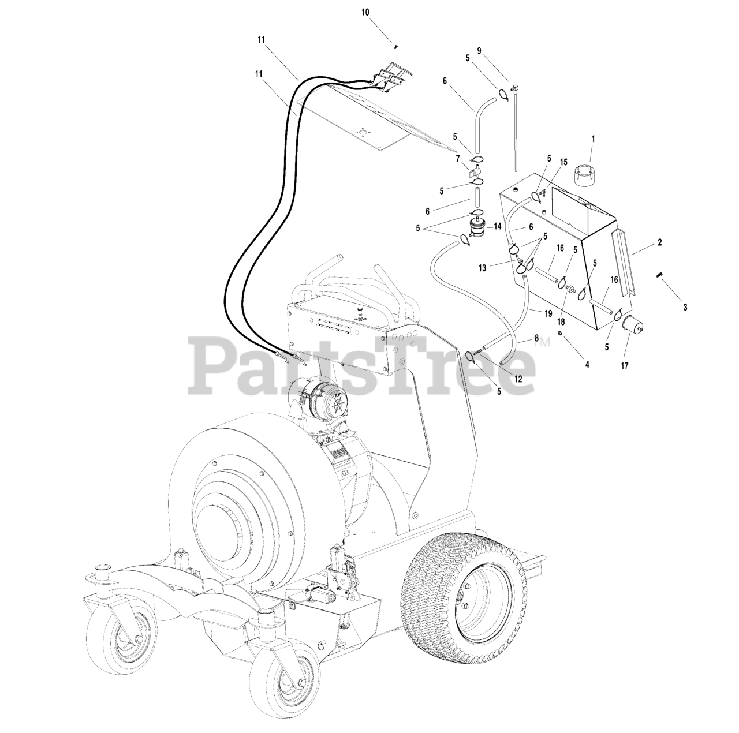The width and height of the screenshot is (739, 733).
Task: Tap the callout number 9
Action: tap(479, 50)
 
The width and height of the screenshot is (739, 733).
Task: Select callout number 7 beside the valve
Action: tap(457, 158)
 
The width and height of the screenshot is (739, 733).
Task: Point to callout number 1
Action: tap(592, 139)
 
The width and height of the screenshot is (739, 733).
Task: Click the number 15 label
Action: tap(563, 163)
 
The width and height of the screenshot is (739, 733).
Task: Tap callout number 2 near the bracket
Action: tap(659, 243)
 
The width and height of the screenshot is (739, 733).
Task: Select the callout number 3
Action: tap(685, 308)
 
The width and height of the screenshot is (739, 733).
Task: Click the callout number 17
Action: tap(624, 365)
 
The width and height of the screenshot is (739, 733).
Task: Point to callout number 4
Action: tap(587, 365)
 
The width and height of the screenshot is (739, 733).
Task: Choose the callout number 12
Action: tap(518, 379)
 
